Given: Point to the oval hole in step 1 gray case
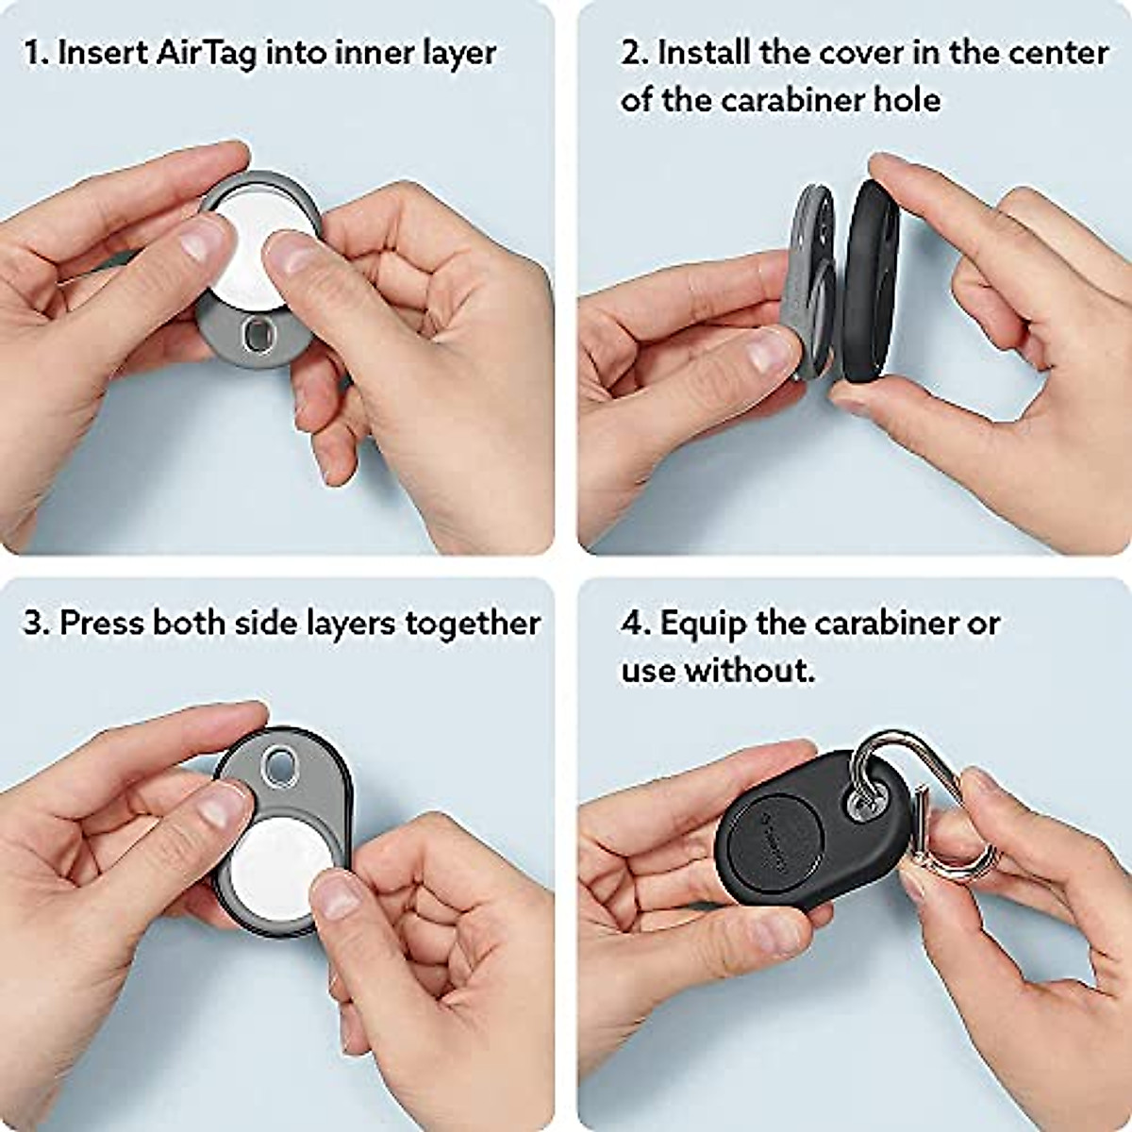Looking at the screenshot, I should coord(256,334).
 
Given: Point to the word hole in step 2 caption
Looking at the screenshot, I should coord(907,100).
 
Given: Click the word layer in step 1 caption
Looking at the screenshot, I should coord(459,53).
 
